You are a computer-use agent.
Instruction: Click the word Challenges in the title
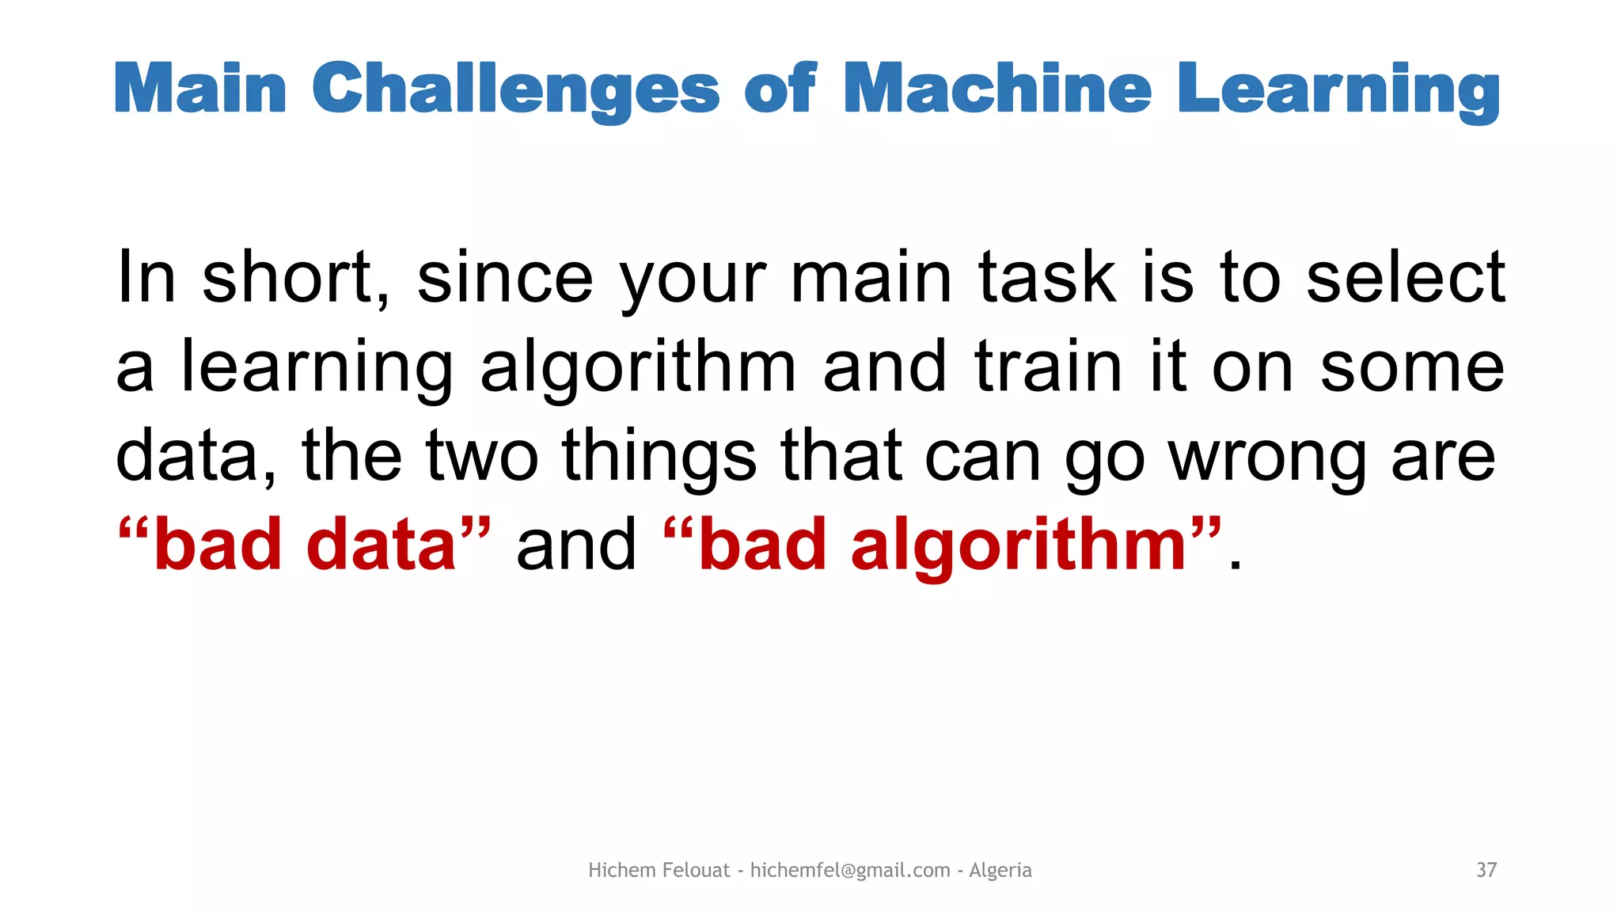515,89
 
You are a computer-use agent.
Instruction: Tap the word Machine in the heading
997,88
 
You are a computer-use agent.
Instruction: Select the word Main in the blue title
200,89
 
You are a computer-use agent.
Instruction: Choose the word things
659,458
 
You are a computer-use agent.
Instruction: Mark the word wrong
1267,458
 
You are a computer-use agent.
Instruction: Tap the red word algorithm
1018,546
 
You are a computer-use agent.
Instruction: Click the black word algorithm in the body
638,368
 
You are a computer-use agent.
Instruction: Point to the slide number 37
1486,870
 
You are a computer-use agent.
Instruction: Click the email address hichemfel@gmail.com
850,870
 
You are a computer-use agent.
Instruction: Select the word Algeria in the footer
1000,870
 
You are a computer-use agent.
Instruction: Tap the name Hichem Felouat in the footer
659,870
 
